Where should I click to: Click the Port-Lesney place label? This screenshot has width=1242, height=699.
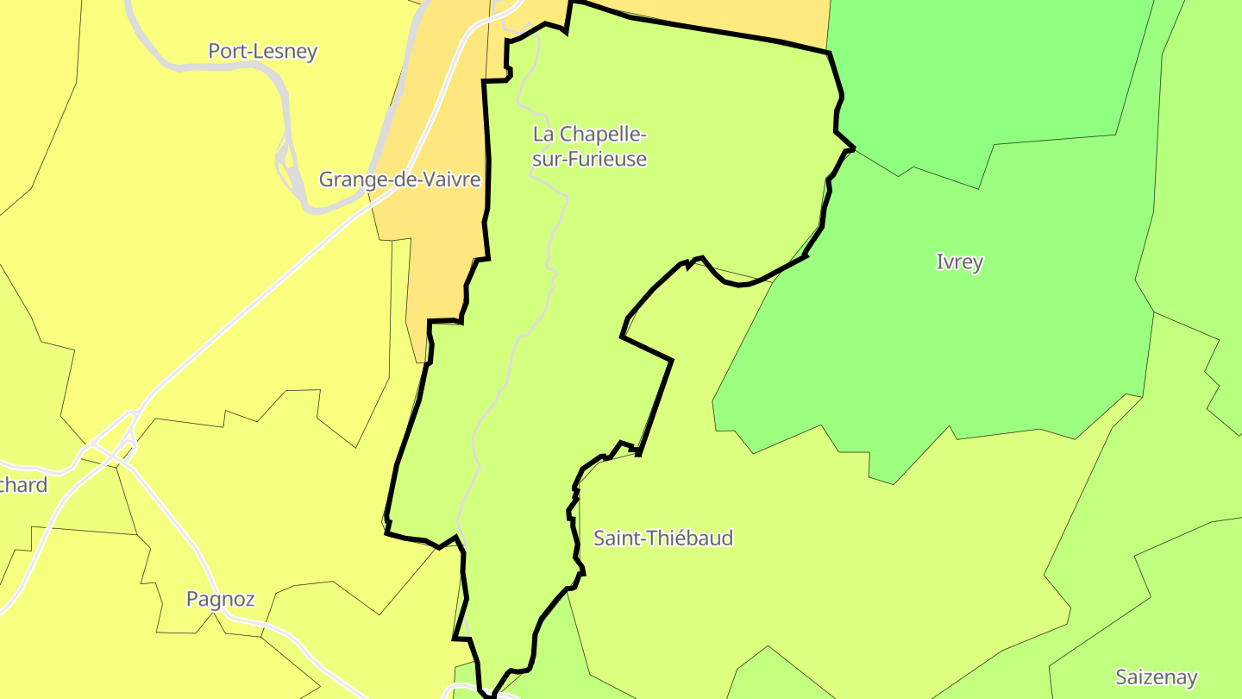pos(262,52)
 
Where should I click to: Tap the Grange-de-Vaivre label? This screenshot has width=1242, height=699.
pos(399,179)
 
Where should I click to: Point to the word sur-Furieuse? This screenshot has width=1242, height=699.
pos(589,160)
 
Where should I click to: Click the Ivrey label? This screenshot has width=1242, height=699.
pos(959,262)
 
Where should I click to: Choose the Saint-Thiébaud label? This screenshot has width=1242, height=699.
pos(663,538)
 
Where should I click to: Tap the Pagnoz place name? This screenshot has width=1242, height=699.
pos(220,599)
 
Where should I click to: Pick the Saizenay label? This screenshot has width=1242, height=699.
pos(1156,677)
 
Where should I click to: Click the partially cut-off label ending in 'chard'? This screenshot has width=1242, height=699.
pos(23,485)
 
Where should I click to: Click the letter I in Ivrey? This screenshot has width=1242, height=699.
pos(939,262)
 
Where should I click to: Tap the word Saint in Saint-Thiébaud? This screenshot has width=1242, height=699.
pos(617,538)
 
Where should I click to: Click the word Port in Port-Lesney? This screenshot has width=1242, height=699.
pos(227,52)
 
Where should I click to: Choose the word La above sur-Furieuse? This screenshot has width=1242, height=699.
pos(543,135)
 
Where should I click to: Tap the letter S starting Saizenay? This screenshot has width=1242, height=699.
pos(1121,677)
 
